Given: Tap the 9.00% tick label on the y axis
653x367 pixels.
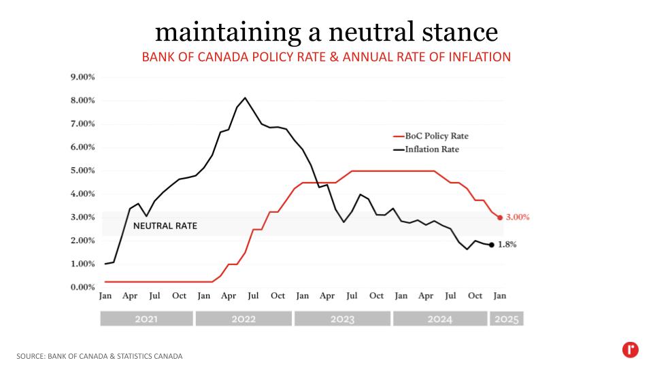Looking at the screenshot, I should pyautogui.click(x=82, y=77).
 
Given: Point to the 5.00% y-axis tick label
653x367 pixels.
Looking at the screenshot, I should pyautogui.click(x=82, y=171).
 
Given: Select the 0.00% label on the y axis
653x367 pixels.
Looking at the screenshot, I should pyautogui.click(x=82, y=287).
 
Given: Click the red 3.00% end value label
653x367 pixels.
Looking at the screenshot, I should pyautogui.click(x=518, y=217).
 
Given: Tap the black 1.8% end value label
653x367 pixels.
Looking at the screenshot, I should pyautogui.click(x=507, y=245).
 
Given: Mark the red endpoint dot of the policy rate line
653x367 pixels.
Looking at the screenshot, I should pyautogui.click(x=500, y=217).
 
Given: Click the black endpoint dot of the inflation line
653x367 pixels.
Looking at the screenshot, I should pyautogui.click(x=491, y=245).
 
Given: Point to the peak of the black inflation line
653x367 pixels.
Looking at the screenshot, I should pyautogui.click(x=245, y=98).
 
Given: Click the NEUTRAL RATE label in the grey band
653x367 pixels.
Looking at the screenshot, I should pyautogui.click(x=165, y=226).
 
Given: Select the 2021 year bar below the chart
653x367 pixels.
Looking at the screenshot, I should pyautogui.click(x=146, y=319).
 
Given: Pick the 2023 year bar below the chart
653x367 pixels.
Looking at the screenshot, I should pyautogui.click(x=342, y=319).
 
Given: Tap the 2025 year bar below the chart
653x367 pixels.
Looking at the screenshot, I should pyautogui.click(x=507, y=319).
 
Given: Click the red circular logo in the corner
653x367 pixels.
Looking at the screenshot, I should pyautogui.click(x=631, y=350).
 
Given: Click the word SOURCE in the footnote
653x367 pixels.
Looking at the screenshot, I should pyautogui.click(x=31, y=356).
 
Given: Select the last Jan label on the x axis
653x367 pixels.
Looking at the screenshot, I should pyautogui.click(x=500, y=296).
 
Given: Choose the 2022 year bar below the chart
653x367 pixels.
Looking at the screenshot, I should pyautogui.click(x=244, y=319).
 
